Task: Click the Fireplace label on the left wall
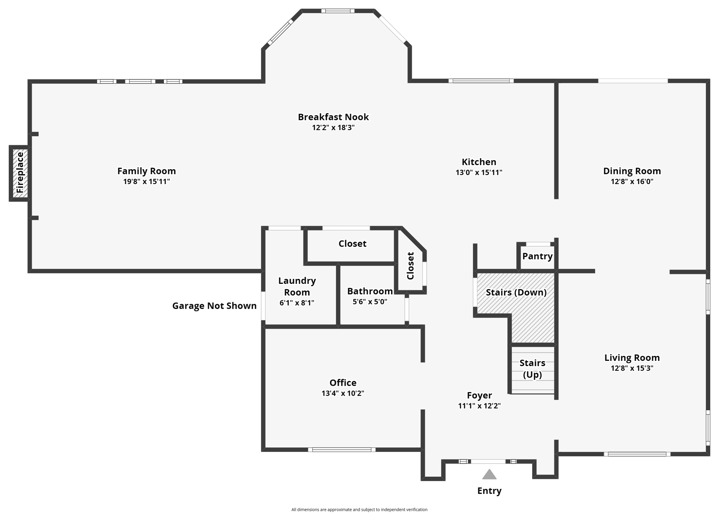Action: (x=20, y=173)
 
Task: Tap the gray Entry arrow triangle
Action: (x=489, y=475)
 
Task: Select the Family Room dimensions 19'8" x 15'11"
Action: (x=146, y=182)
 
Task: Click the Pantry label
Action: (x=537, y=256)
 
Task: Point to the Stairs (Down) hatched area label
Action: (x=516, y=292)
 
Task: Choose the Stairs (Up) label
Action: (x=532, y=369)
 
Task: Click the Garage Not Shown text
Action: (x=214, y=306)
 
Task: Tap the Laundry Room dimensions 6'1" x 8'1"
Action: (x=297, y=303)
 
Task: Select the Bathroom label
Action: (x=370, y=291)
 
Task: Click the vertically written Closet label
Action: (x=410, y=266)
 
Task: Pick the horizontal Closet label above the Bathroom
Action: (x=352, y=244)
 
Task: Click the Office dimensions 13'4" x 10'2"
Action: (x=343, y=393)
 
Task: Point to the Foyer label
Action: (x=479, y=396)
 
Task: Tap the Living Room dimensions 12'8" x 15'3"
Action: (x=632, y=368)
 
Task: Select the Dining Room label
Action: (x=632, y=171)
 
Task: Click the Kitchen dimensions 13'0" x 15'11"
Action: (x=479, y=173)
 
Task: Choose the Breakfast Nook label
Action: (x=333, y=117)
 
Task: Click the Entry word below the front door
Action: (x=489, y=491)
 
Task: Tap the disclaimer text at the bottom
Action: (x=359, y=509)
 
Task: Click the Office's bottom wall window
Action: (x=342, y=450)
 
